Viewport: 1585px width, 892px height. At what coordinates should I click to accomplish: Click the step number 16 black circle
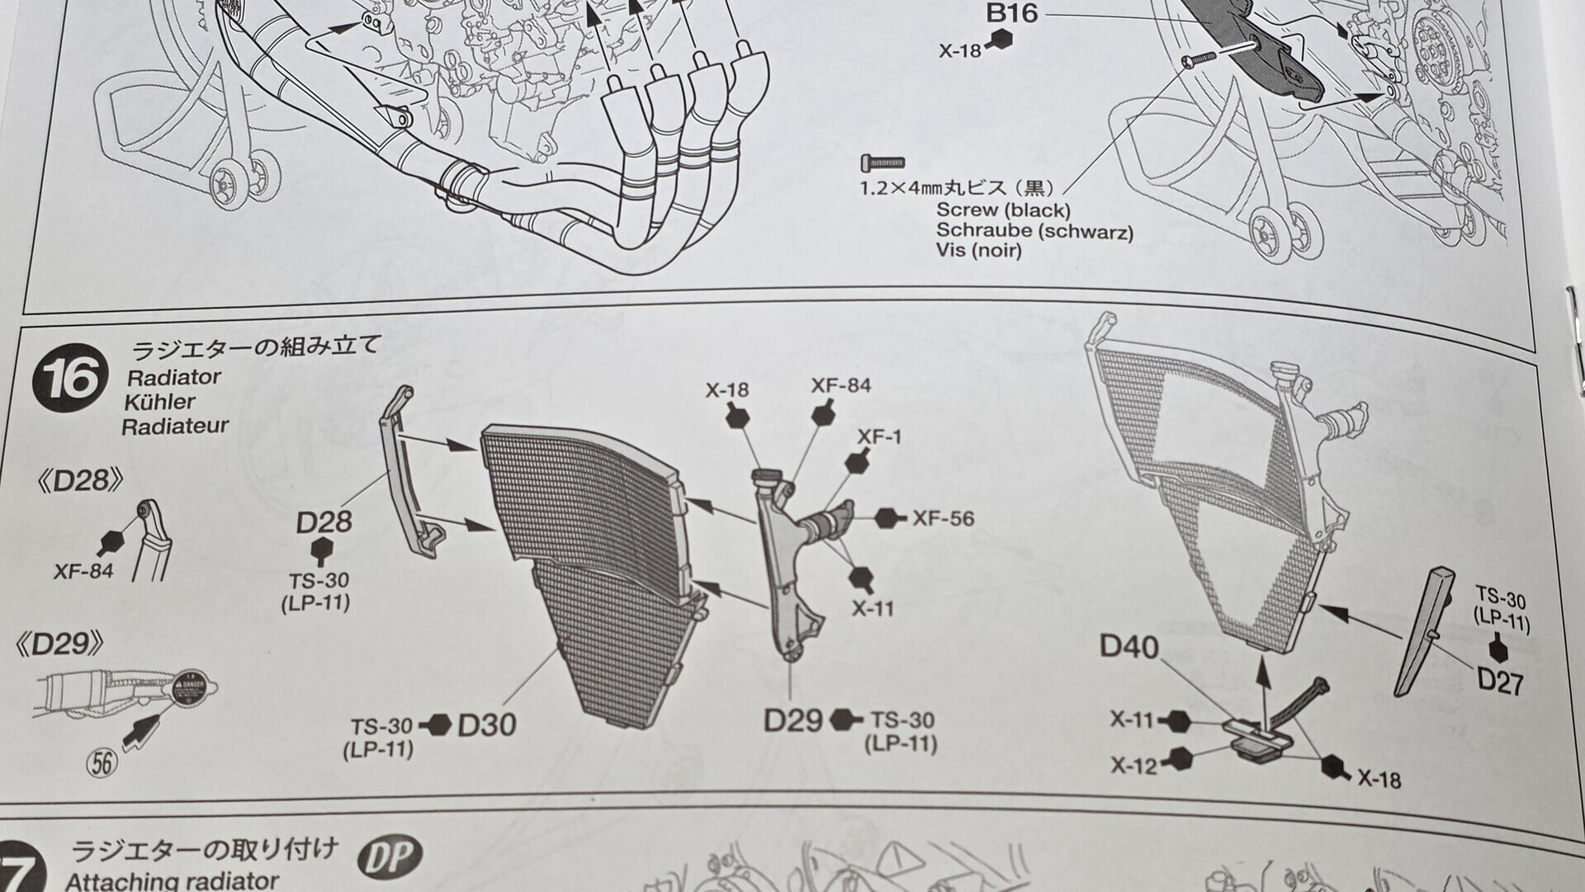coord(69,378)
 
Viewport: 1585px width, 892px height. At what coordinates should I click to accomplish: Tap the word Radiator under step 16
coord(174,377)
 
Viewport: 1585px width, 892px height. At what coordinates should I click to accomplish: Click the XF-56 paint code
coord(943,518)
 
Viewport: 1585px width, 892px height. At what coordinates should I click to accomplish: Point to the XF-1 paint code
coord(879,436)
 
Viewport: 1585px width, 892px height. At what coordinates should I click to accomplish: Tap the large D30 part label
coord(487,724)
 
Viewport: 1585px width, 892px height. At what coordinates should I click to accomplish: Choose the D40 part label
coord(1129,647)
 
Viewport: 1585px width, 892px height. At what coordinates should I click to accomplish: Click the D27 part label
coord(1500,682)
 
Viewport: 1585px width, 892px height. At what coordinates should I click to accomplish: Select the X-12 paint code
coord(1134,766)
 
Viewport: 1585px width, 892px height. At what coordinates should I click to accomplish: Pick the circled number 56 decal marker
coord(102,762)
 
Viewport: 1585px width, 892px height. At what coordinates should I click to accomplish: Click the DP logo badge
coord(390,858)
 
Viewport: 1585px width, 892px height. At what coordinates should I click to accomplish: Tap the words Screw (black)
coord(1003,210)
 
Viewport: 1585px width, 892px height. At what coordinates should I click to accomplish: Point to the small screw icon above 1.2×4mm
coord(882,162)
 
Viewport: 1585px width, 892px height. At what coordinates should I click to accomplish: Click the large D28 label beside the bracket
coord(324,522)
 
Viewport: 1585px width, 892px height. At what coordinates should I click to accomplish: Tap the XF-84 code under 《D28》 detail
coord(83,570)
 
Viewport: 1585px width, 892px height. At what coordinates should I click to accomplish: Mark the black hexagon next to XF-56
coord(888,518)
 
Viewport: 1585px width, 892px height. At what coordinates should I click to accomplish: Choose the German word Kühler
coord(159,402)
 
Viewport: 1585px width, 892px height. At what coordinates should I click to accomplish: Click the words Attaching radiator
coord(172,880)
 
